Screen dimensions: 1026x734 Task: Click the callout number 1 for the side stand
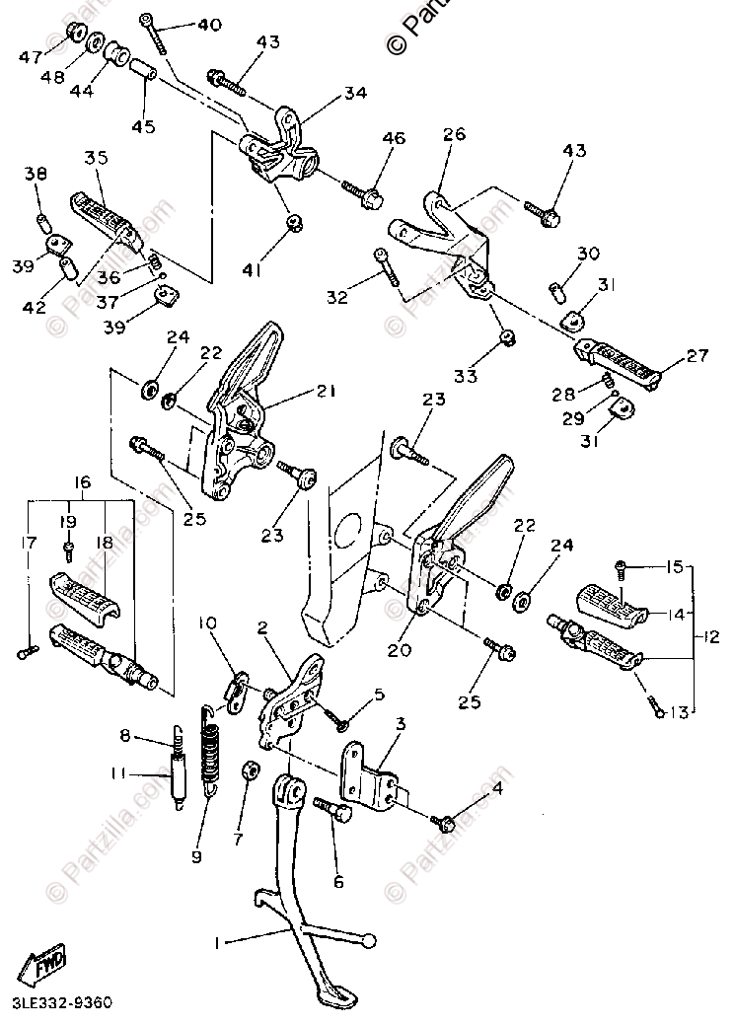217,942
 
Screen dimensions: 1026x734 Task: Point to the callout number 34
356,94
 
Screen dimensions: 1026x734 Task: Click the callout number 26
454,135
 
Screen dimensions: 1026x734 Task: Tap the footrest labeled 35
104,216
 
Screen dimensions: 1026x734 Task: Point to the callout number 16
82,482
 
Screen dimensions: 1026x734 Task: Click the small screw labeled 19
70,548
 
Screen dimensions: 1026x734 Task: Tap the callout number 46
394,139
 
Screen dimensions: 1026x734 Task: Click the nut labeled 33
505,339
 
